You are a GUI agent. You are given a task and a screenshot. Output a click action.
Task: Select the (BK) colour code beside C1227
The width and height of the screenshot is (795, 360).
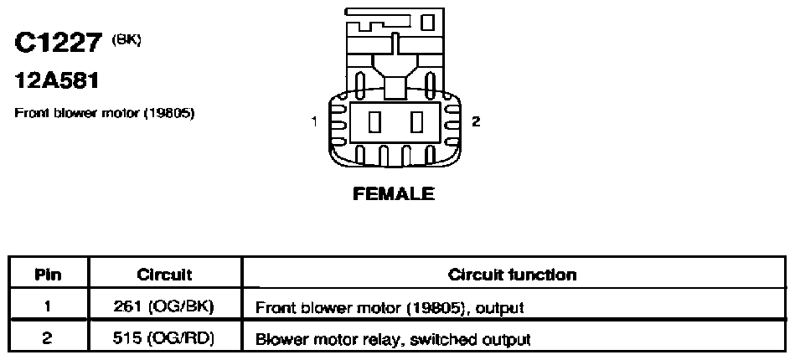point(126,39)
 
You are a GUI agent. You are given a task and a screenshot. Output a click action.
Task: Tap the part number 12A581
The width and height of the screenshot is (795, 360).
point(56,80)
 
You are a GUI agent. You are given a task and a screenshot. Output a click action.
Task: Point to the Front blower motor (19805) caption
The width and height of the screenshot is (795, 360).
point(105,113)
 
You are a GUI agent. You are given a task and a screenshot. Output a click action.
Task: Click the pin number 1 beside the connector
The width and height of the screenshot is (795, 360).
point(315,121)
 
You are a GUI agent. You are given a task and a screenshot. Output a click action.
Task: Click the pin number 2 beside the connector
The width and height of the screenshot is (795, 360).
point(476,121)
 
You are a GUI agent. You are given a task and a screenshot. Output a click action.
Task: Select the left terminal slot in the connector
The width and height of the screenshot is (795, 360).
point(374,122)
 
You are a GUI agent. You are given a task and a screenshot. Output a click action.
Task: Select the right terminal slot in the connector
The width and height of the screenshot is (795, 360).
point(417,122)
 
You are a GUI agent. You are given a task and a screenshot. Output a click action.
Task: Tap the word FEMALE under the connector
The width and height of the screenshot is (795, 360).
point(394,193)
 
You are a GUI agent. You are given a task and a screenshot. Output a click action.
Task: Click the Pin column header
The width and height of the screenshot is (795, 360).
point(49,275)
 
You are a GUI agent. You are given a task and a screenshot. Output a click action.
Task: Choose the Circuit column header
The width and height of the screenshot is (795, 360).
point(165,275)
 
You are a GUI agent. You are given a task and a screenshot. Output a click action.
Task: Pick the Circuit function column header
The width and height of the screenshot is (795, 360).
point(513,275)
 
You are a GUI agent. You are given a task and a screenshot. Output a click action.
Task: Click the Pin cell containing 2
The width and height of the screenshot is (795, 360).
point(48,337)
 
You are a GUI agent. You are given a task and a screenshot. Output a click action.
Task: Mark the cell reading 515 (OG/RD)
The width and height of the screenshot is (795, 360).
point(165,337)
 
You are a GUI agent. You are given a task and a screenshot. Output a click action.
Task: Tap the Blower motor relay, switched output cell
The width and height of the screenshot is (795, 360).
point(514,337)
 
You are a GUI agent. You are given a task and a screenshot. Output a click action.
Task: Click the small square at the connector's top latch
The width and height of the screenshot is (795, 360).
point(428,23)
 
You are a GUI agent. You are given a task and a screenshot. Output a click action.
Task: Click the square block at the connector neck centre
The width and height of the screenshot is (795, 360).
point(396,88)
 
